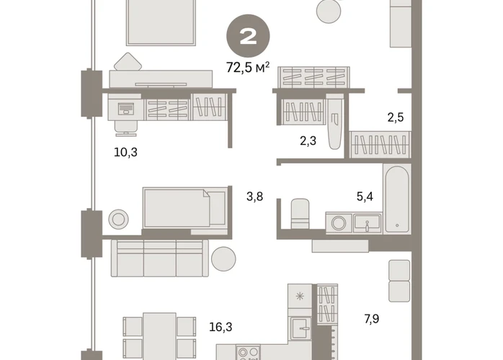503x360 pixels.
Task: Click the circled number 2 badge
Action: [x=248, y=36]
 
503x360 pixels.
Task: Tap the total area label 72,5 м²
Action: [x=248, y=68]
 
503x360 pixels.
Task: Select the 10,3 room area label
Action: [x=125, y=152]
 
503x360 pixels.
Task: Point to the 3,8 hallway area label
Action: [x=254, y=197]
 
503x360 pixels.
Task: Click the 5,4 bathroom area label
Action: [x=365, y=196]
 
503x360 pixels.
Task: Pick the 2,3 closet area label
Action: [x=308, y=140]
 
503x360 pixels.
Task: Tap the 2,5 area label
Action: [x=395, y=117]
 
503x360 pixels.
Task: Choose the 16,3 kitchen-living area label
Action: [x=221, y=327]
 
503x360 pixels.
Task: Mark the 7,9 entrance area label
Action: [x=371, y=319]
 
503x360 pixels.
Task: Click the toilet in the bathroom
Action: [x=301, y=214]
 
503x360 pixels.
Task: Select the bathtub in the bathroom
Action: [x=397, y=199]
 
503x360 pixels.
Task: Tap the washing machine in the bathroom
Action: [x=339, y=222]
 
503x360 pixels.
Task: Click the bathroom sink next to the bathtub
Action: [x=368, y=223]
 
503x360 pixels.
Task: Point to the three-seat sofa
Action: [x=159, y=258]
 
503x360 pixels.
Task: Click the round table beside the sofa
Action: [x=223, y=258]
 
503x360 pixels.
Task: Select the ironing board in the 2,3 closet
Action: [x=334, y=122]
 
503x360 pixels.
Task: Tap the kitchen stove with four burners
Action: [x=249, y=353]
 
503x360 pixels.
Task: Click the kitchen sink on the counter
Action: [x=301, y=328]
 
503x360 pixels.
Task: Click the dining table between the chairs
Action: [x=159, y=336]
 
